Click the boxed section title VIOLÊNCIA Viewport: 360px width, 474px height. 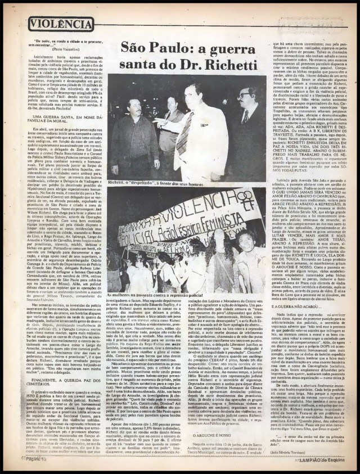coord(61,24)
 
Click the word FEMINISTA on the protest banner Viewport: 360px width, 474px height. coord(227,220)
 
